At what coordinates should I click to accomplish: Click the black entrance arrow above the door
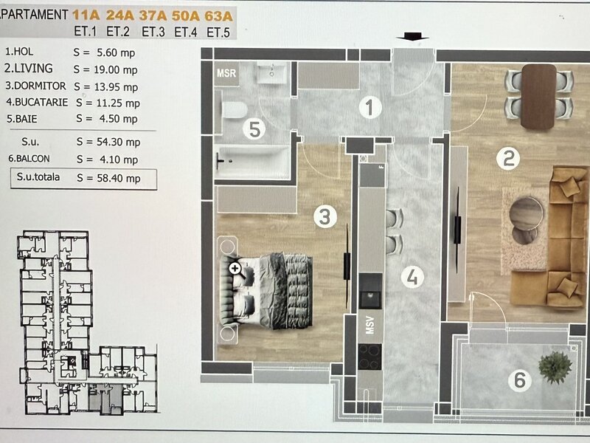(x=412, y=36)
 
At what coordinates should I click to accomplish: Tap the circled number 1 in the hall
(x=370, y=107)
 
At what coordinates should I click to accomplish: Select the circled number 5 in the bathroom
(x=254, y=129)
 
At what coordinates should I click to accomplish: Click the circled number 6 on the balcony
(x=520, y=380)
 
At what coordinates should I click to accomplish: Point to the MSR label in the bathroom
(x=226, y=72)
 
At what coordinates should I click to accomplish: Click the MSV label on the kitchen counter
(x=370, y=325)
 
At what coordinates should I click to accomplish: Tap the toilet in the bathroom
(x=233, y=110)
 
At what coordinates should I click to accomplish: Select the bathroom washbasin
(x=272, y=72)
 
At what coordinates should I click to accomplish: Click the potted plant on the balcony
(x=555, y=368)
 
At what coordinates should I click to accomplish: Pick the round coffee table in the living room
(x=526, y=213)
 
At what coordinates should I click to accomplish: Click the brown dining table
(x=538, y=97)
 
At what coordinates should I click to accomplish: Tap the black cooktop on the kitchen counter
(x=370, y=357)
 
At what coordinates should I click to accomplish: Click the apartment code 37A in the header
(x=153, y=16)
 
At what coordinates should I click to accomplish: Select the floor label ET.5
(x=218, y=32)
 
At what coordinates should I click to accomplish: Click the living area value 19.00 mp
(x=117, y=69)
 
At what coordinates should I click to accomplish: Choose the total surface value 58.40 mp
(x=119, y=178)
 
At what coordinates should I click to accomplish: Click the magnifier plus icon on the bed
(x=235, y=268)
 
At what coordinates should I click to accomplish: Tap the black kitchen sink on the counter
(x=371, y=291)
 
